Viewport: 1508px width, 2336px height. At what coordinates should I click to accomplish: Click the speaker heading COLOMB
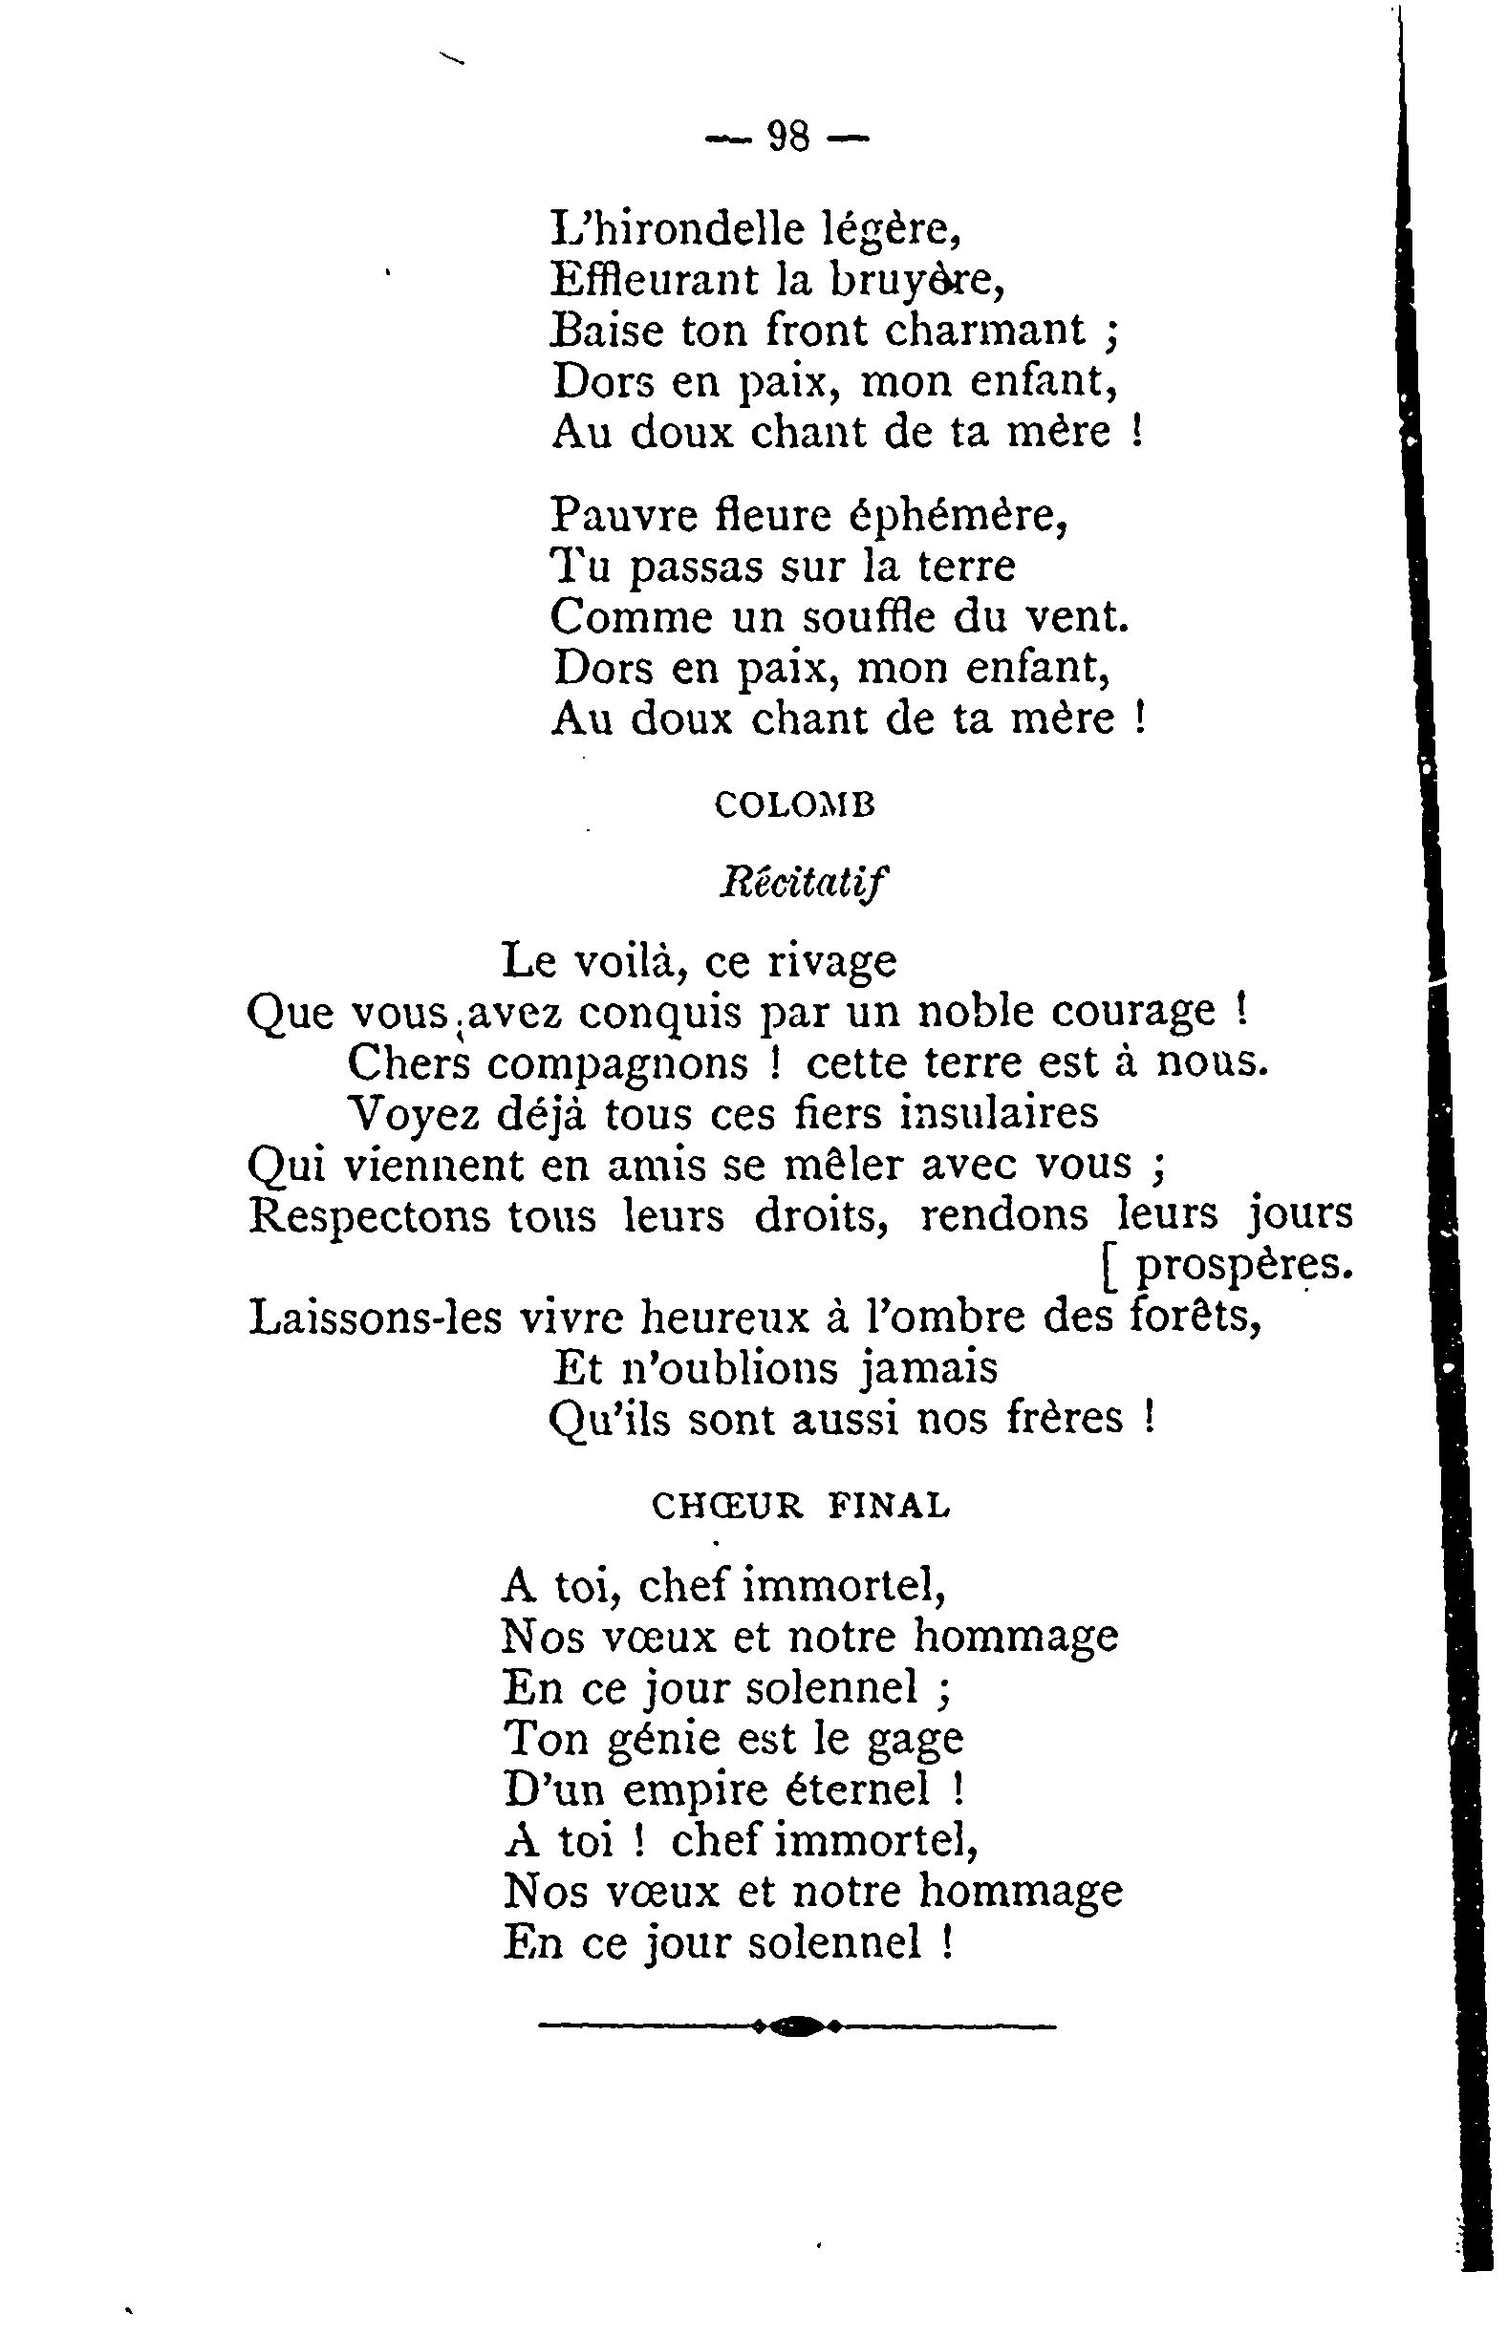coord(794,804)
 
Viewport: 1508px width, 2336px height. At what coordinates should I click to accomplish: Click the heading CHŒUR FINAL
coord(800,1506)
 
